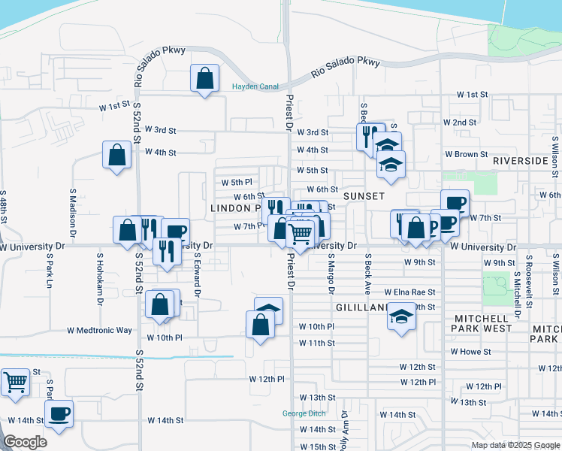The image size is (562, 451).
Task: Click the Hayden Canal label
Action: pyautogui.click(x=255, y=86)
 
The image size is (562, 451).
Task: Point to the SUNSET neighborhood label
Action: pyautogui.click(x=364, y=195)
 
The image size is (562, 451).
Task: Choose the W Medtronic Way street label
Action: pyautogui.click(x=99, y=330)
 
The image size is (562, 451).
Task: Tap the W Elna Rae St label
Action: pyautogui.click(x=409, y=292)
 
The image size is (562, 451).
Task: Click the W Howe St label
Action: pyautogui.click(x=470, y=351)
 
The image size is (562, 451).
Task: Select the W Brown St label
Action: pyautogui.click(x=466, y=154)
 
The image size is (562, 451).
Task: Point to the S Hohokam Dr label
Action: pyautogui.click(x=99, y=274)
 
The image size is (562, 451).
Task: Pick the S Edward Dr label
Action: pyautogui.click(x=197, y=274)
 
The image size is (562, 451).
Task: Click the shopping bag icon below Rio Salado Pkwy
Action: pyautogui.click(x=204, y=78)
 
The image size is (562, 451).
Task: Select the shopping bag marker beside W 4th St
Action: pyautogui.click(x=117, y=156)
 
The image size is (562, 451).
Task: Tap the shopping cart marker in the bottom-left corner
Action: pyautogui.click(x=15, y=382)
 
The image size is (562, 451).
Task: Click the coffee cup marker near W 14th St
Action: pyautogui.click(x=59, y=413)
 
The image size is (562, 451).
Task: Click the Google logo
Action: pyautogui.click(x=25, y=442)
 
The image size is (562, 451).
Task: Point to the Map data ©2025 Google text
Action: pyautogui.click(x=515, y=445)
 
